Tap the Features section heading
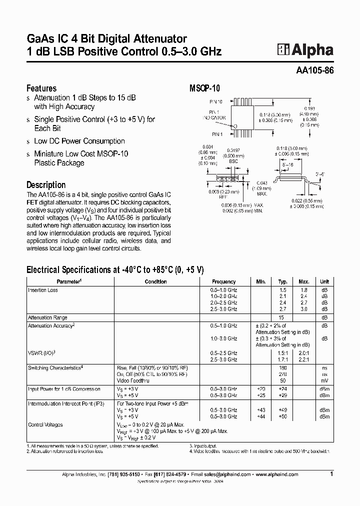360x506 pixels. point(41,88)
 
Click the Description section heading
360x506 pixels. point(46,184)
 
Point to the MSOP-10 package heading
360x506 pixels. point(204,88)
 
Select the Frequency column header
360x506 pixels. point(223,282)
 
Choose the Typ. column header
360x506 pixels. point(283,282)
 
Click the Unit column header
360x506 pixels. point(325,282)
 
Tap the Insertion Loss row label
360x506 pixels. point(43,290)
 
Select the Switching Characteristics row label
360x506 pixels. point(55,367)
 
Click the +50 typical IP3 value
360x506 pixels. point(283,416)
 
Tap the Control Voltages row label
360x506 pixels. point(45,424)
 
